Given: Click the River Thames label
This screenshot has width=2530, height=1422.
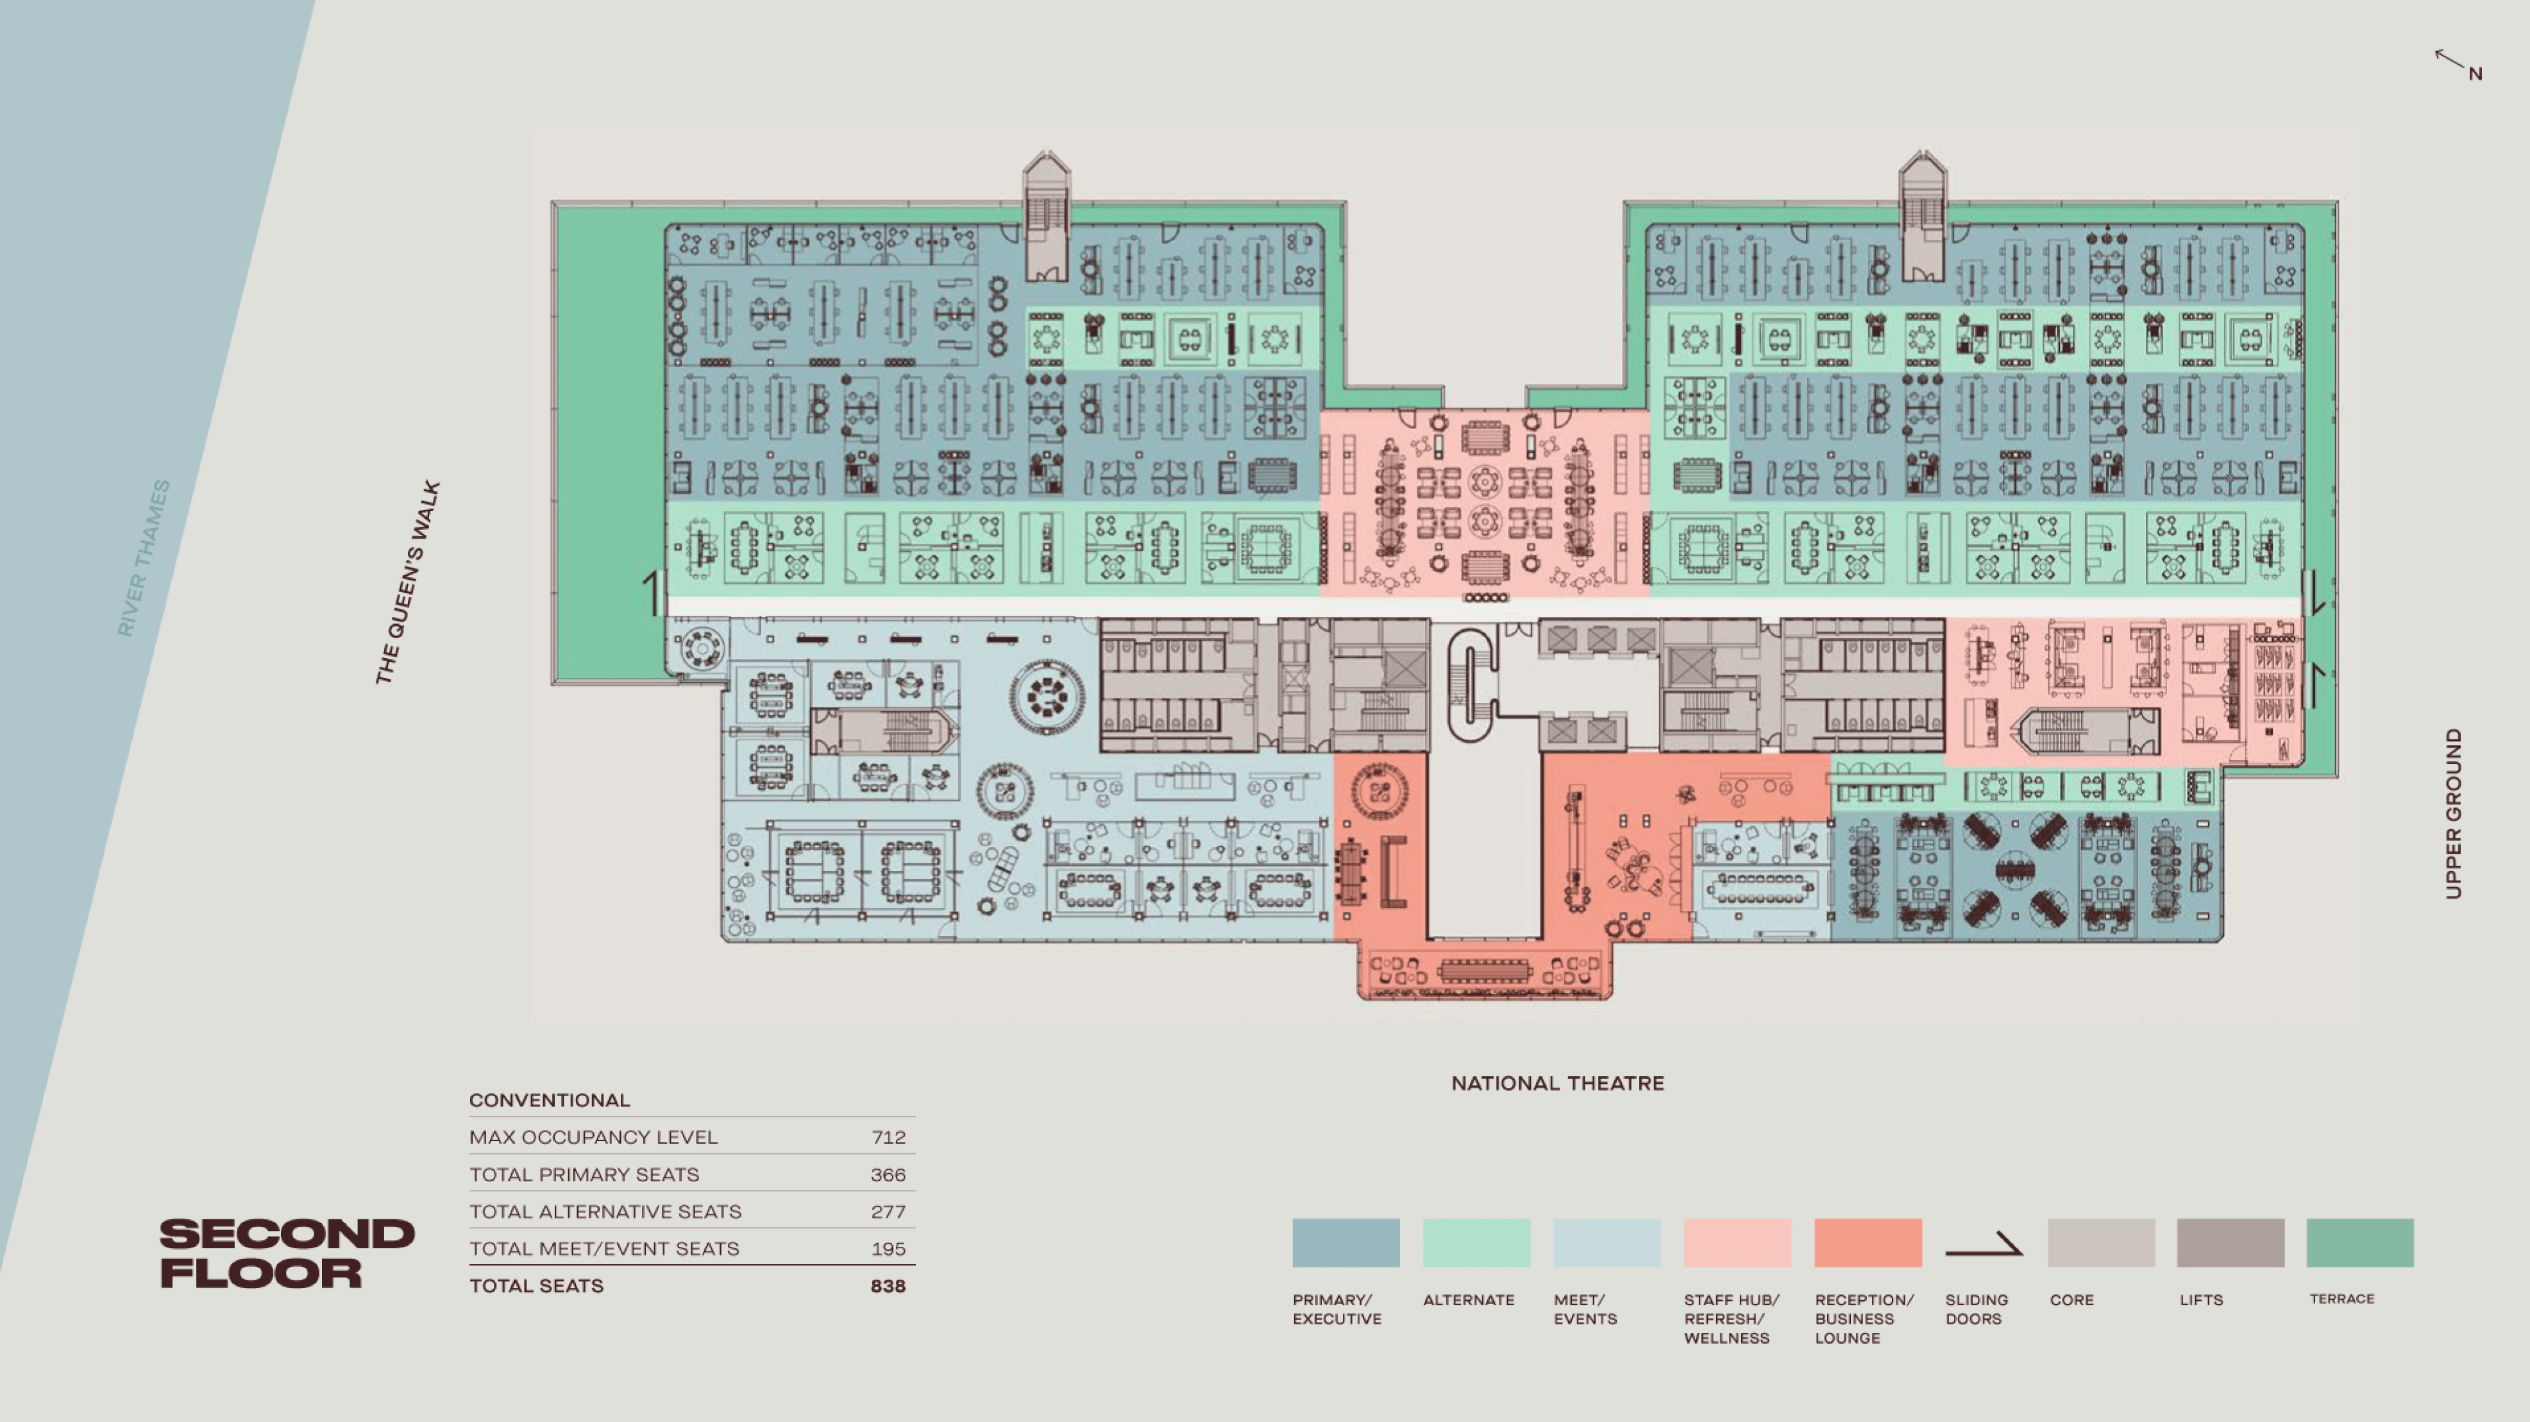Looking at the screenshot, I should pyautogui.click(x=144, y=558).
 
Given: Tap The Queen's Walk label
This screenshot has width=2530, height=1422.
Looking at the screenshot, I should pyautogui.click(x=408, y=582).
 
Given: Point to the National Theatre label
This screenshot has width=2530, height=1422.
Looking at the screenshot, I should pyautogui.click(x=1558, y=1083).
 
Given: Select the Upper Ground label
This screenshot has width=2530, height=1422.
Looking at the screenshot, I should pyautogui.click(x=2454, y=813).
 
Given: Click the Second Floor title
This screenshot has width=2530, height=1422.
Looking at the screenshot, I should pyautogui.click(x=287, y=1253).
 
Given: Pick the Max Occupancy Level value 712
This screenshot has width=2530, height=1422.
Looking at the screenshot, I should pyautogui.click(x=888, y=1137).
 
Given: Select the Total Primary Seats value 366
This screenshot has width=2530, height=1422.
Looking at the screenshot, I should pyautogui.click(x=888, y=1174).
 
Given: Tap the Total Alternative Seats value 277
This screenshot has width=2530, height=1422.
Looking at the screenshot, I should pyautogui.click(x=888, y=1212).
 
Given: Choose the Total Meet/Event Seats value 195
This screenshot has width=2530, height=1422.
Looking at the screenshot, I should pyautogui.click(x=888, y=1249).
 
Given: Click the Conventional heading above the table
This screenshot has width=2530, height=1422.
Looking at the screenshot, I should pyautogui.click(x=549, y=1100).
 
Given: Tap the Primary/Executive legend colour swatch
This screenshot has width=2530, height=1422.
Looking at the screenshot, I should pyautogui.click(x=1345, y=1242).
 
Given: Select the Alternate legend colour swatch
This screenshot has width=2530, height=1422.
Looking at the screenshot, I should pyautogui.click(x=1476, y=1242).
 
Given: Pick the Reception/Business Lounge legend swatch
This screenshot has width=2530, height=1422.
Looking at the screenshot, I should pyautogui.click(x=1867, y=1242).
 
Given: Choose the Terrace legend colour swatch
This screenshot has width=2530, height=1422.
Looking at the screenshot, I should pyautogui.click(x=2359, y=1242).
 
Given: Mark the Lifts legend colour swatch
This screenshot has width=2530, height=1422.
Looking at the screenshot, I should pyautogui.click(x=2229, y=1242).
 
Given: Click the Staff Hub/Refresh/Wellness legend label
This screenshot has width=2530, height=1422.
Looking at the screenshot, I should pyautogui.click(x=1730, y=1319).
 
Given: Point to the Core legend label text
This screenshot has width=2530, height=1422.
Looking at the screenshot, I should pyautogui.click(x=2071, y=1300).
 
